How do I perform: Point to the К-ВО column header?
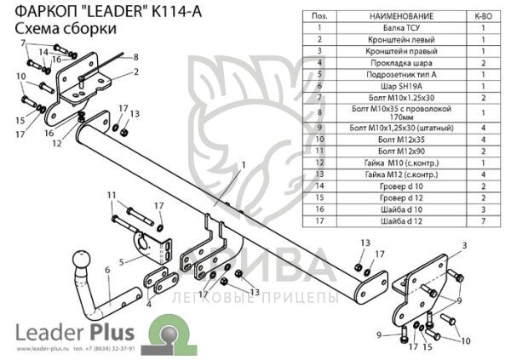click(482, 16)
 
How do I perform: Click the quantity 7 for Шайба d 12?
click(482, 220)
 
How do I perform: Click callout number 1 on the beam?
click(242, 163)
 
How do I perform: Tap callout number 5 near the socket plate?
click(123, 262)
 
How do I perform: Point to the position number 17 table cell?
click(319, 220)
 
